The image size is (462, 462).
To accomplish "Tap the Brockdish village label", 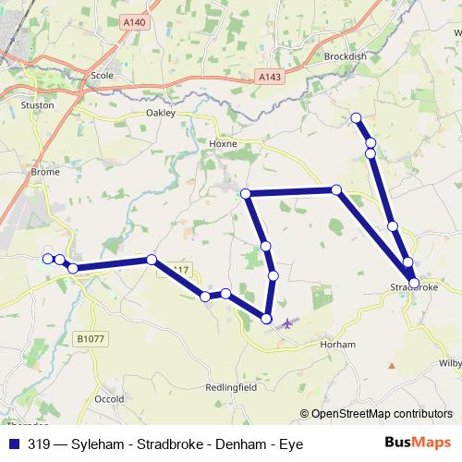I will click(x=347, y=56).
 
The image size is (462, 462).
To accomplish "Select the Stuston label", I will click(x=38, y=105).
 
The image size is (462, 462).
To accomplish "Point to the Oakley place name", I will click(x=161, y=113).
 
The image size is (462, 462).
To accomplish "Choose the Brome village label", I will click(x=45, y=172).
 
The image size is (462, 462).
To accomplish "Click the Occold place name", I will click(x=110, y=399).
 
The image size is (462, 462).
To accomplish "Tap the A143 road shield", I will click(x=267, y=80).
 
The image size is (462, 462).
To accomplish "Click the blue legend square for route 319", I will click(x=14, y=444).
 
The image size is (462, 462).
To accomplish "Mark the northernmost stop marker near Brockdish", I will click(x=356, y=117).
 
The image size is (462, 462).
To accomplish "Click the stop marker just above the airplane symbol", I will click(x=267, y=319).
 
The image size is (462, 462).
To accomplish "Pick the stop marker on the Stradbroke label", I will click(x=414, y=283).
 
